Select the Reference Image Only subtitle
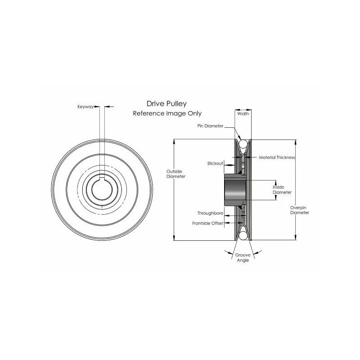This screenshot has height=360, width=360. click(x=167, y=113)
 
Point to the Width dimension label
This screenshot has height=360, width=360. click(x=243, y=113)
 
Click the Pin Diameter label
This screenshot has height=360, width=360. click(x=210, y=126)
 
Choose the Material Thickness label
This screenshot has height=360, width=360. click(x=277, y=157)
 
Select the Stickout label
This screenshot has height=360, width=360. click(x=215, y=163)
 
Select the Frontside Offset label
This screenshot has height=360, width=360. click(x=208, y=223)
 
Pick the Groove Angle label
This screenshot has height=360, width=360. click(x=243, y=257)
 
